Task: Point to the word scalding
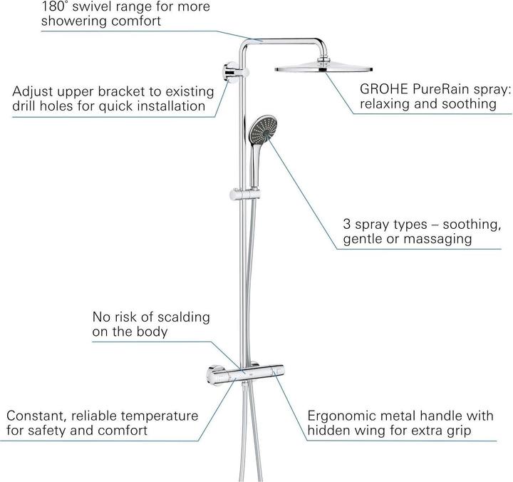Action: tap(182, 316)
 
